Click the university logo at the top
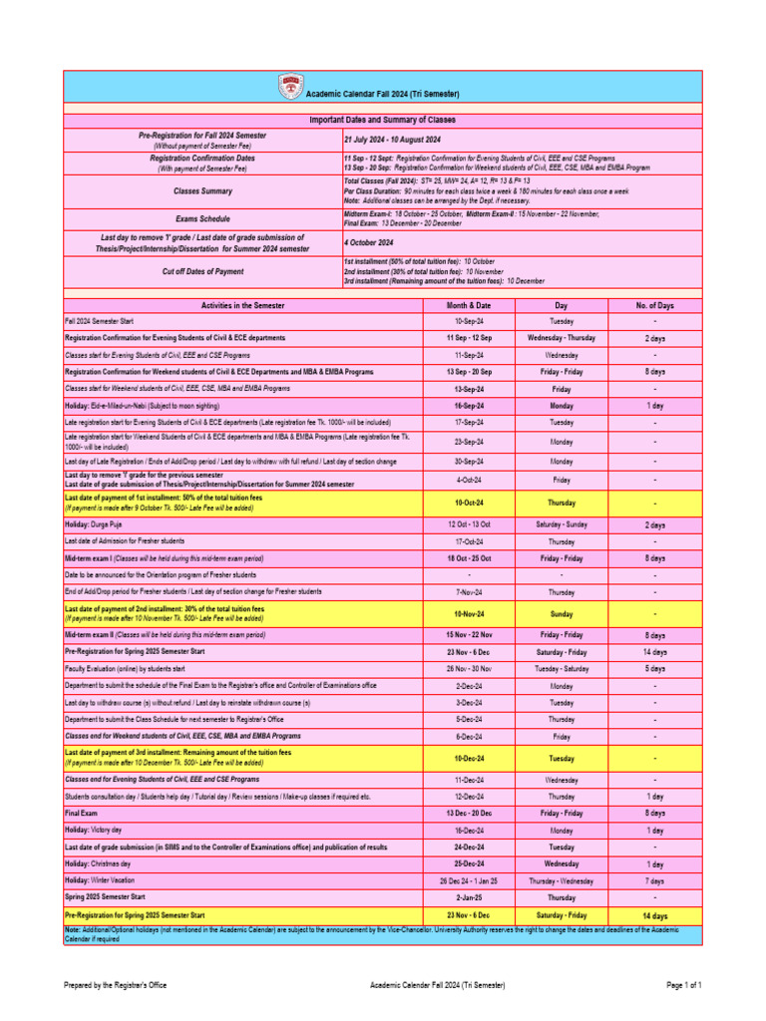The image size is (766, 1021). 292,87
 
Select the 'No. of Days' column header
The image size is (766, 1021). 654,305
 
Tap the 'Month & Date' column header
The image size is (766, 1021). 469,305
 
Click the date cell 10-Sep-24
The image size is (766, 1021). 469,322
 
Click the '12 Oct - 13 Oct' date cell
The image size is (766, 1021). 469,524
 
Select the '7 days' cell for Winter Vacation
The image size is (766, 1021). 654,881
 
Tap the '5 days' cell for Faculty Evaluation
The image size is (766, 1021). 654,668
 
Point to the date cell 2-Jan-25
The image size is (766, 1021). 469,898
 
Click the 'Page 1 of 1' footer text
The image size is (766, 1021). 684,986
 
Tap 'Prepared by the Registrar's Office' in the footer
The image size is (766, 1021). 116,986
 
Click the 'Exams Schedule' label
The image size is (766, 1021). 202,218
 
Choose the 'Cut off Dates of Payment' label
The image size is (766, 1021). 202,271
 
